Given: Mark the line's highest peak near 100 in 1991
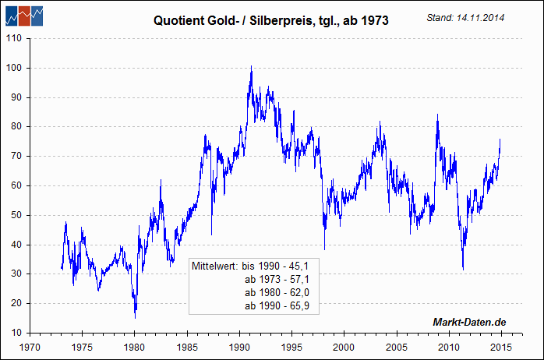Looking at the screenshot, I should pos(251,67).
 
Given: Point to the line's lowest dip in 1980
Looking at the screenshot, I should pos(135,317).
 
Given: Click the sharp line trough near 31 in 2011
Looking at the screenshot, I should pos(463,270).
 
